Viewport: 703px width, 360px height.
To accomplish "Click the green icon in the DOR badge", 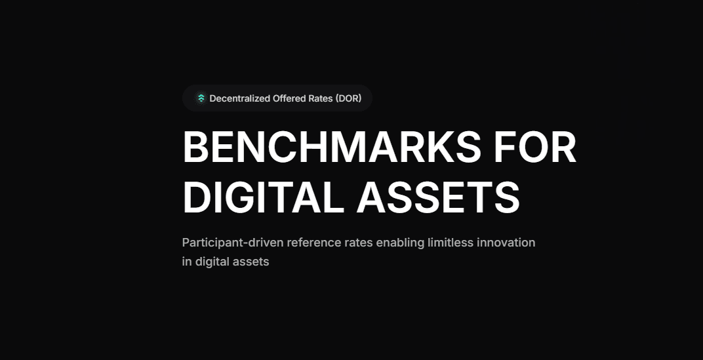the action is (201, 98).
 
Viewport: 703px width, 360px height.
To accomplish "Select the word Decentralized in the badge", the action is (240, 98).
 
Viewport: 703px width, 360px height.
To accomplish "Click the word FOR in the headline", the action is (535, 147).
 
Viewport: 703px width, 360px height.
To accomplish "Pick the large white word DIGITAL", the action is (263, 198).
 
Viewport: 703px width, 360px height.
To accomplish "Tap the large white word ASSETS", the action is (438, 198).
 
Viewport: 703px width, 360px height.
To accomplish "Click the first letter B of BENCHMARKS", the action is (195, 147).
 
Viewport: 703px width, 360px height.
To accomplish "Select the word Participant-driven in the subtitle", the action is (233, 243).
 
